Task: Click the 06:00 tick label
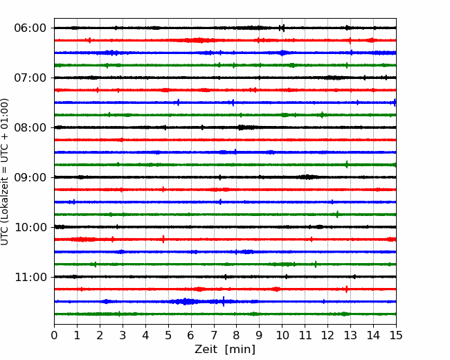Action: click(30, 28)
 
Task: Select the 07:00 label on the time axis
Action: click(30, 78)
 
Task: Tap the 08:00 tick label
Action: click(30, 127)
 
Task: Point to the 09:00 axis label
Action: click(30, 177)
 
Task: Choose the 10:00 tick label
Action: click(30, 227)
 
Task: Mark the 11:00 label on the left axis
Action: click(30, 277)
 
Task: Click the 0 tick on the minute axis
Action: click(54, 335)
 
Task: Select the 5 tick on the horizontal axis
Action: click(168, 335)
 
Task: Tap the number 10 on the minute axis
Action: click(282, 335)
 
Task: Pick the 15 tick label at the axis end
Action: click(396, 335)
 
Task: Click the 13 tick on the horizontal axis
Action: click(350, 335)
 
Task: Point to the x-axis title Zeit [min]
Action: click(225, 350)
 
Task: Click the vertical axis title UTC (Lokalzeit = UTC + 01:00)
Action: click(5, 172)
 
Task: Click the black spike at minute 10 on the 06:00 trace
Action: click(282, 28)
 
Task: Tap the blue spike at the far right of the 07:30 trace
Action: click(395, 102)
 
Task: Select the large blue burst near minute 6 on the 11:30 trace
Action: click(185, 301)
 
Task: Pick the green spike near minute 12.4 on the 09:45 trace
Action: click(337, 214)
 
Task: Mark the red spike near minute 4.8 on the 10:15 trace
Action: click(163, 239)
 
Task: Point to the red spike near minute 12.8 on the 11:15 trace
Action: click(346, 289)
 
